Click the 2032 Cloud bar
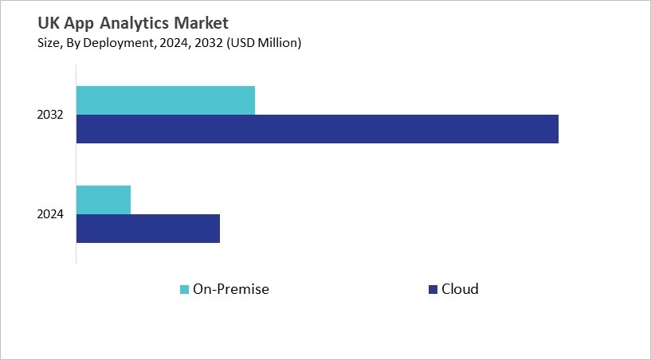[x=317, y=129]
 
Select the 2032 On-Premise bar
[x=166, y=100]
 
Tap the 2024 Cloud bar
[x=147, y=229]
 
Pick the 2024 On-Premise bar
[x=104, y=199]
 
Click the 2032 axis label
[x=50, y=115]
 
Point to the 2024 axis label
[x=50, y=214]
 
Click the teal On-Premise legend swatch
[x=185, y=289]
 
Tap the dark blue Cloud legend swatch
[x=433, y=289]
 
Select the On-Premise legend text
[x=231, y=289]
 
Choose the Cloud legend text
[x=460, y=289]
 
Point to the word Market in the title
[x=200, y=23]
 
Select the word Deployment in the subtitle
[x=98, y=43]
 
